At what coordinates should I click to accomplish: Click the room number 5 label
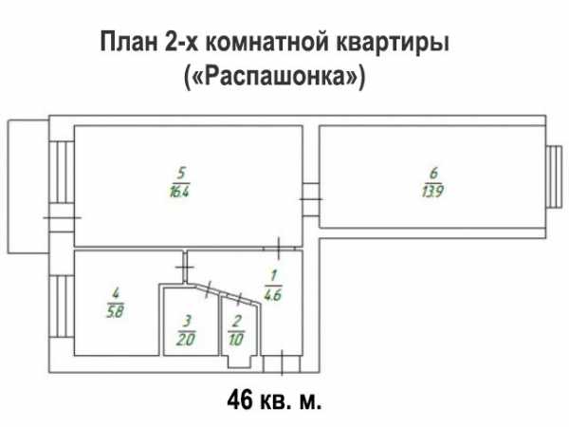pyautogui.click(x=181, y=174)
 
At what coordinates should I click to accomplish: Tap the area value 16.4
pyautogui.click(x=179, y=191)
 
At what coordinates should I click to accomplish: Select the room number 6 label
pyautogui.click(x=433, y=174)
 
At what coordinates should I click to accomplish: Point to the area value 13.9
pyautogui.click(x=432, y=191)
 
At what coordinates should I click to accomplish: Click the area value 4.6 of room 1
pyautogui.click(x=272, y=294)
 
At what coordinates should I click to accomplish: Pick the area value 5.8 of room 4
pyautogui.click(x=116, y=311)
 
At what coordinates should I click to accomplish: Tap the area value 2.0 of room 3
pyautogui.click(x=186, y=340)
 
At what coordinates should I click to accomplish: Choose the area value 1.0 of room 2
pyautogui.click(x=236, y=340)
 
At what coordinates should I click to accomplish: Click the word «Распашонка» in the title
pyautogui.click(x=274, y=77)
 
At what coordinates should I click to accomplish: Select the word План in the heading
pyautogui.click(x=129, y=42)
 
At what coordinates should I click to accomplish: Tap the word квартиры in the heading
pyautogui.click(x=393, y=44)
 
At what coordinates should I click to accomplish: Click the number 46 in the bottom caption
pyautogui.click(x=240, y=400)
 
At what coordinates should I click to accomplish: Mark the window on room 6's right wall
pyautogui.click(x=555, y=176)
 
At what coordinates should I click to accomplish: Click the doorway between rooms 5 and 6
pyautogui.click(x=311, y=199)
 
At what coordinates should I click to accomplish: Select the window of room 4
pyautogui.click(x=62, y=306)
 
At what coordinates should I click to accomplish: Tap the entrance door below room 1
pyautogui.click(x=282, y=363)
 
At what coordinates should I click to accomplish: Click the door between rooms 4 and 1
pyautogui.click(x=185, y=267)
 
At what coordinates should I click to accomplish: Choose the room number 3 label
pyautogui.click(x=187, y=322)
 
